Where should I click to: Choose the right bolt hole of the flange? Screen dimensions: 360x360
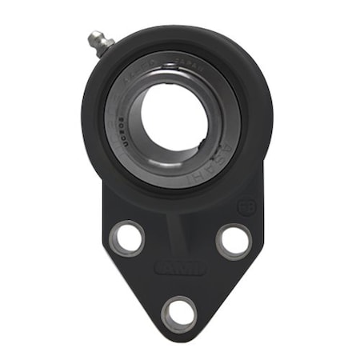(232, 240)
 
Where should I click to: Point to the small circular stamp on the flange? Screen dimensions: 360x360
(246, 206)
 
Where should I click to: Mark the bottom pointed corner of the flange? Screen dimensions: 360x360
(179, 340)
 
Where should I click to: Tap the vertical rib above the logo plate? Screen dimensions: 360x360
(179, 232)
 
